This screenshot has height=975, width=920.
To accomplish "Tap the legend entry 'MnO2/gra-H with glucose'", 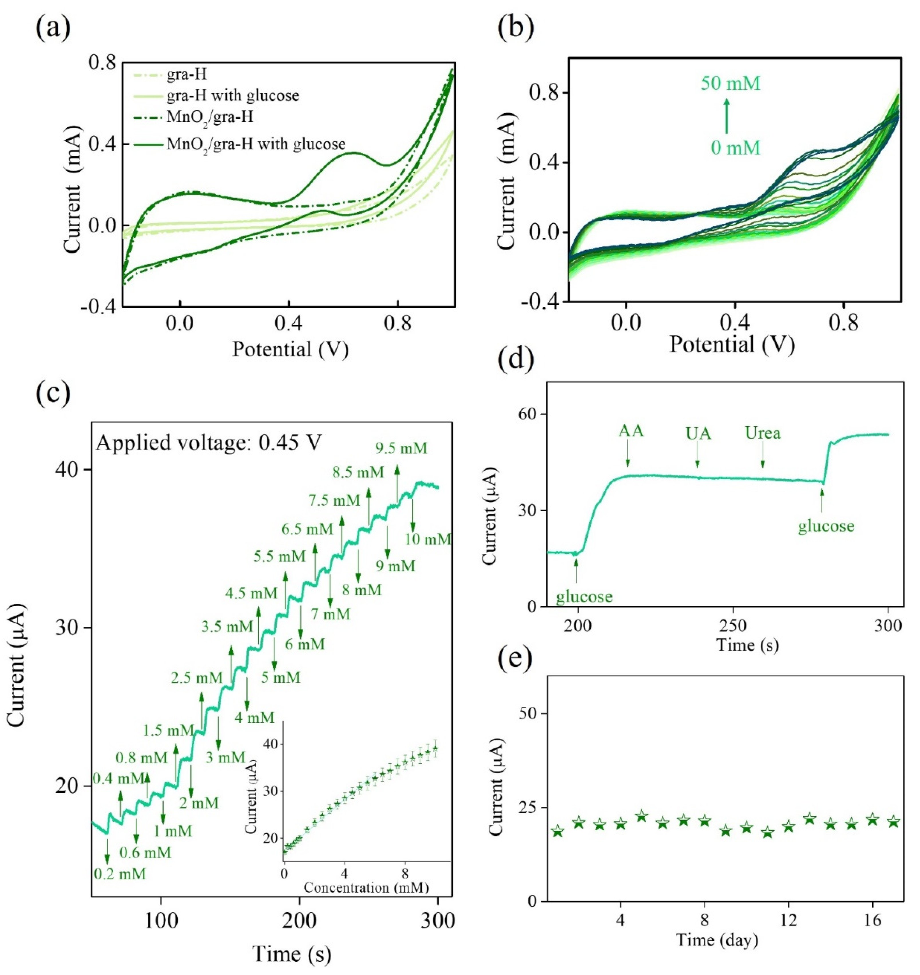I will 256,144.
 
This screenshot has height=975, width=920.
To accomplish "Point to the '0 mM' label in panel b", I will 735,147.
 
